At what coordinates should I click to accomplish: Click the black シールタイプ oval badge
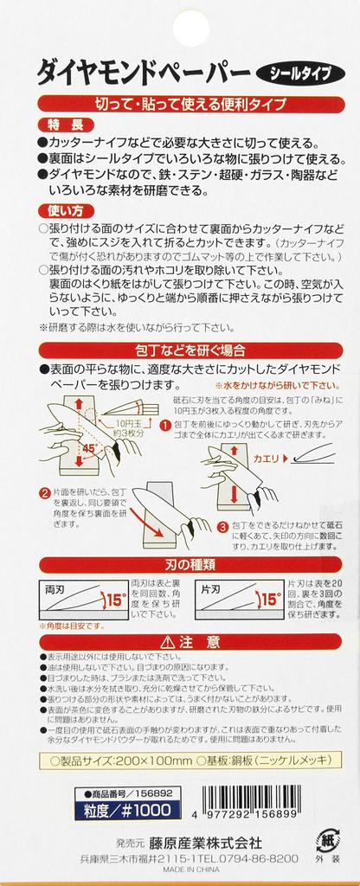coord(300,74)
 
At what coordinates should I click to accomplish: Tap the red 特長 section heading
coord(61,125)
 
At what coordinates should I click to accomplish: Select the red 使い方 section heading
coord(61,211)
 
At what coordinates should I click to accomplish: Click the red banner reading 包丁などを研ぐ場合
coord(190,350)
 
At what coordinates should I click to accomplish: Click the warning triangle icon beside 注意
coord(168,642)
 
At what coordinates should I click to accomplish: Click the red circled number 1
coord(165,424)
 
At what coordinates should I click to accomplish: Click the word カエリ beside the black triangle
coord(267,459)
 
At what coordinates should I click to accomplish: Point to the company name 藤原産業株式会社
coord(205,843)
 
